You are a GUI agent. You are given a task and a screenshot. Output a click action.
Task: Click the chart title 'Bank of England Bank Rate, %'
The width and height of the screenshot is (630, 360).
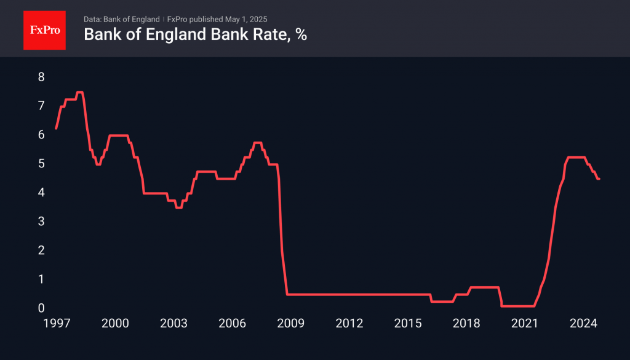[195, 35]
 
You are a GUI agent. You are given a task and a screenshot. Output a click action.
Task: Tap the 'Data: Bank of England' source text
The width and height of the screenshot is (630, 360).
[121, 19]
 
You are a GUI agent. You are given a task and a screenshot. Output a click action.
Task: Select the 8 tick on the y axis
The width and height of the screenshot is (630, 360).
[41, 77]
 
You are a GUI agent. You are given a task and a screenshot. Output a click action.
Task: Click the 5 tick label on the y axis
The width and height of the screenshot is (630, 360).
[41, 164]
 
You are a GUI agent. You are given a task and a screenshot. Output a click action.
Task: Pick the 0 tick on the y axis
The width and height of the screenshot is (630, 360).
[41, 308]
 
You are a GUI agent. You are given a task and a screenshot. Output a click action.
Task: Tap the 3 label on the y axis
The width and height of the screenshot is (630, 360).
[41, 221]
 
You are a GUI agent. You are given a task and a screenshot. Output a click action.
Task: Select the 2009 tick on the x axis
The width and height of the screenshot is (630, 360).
[290, 324]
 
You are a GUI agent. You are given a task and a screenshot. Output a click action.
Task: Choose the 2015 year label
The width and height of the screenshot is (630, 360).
[407, 324]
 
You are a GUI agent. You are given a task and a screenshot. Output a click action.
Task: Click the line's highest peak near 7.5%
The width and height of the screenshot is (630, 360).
[79, 92]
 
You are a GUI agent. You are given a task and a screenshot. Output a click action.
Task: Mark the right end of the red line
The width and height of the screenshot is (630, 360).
[599, 178]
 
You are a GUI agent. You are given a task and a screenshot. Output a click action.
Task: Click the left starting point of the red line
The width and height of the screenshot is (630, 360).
[56, 128]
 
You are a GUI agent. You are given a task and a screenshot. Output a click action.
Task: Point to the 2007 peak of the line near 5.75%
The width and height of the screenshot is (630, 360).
[258, 143]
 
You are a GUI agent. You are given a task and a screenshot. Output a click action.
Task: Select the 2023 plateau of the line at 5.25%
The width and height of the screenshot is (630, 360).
[575, 158]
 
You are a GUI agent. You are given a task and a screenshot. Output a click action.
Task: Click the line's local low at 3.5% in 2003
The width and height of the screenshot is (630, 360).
[178, 207]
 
